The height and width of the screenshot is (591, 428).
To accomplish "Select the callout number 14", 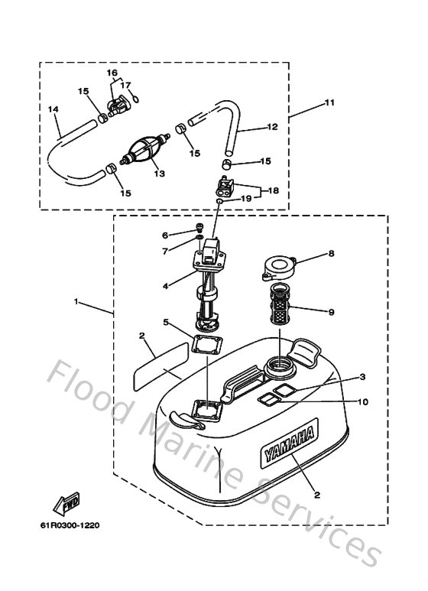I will (53, 109).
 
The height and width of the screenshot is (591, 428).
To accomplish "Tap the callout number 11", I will (329, 102).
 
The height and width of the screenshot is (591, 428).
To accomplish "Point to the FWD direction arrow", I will (64, 503).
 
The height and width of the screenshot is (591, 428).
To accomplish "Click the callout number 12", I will (271, 128).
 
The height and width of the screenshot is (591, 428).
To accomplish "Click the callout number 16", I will (112, 73).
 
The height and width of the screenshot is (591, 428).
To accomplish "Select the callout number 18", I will (272, 191).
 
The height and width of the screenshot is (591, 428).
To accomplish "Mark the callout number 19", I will (246, 198).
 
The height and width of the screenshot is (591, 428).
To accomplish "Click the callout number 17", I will (128, 86).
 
